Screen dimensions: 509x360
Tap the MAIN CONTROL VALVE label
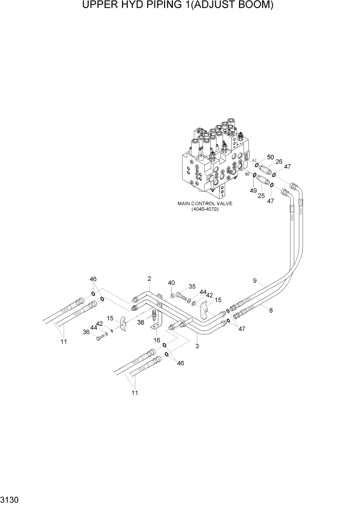click(205, 204)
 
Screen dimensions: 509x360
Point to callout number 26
click(279, 162)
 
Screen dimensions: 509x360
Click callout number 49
click(253, 191)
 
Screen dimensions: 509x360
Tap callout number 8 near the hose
click(271, 310)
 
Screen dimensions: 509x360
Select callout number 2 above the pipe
click(149, 279)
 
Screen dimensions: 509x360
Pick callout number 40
click(171, 283)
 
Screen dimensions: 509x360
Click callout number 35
click(192, 287)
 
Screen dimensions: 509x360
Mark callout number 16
click(157, 339)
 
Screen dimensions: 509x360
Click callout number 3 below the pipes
click(197, 346)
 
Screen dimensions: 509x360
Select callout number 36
click(86, 331)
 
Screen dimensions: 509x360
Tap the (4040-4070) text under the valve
click(205, 209)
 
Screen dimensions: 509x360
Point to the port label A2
click(253, 161)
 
